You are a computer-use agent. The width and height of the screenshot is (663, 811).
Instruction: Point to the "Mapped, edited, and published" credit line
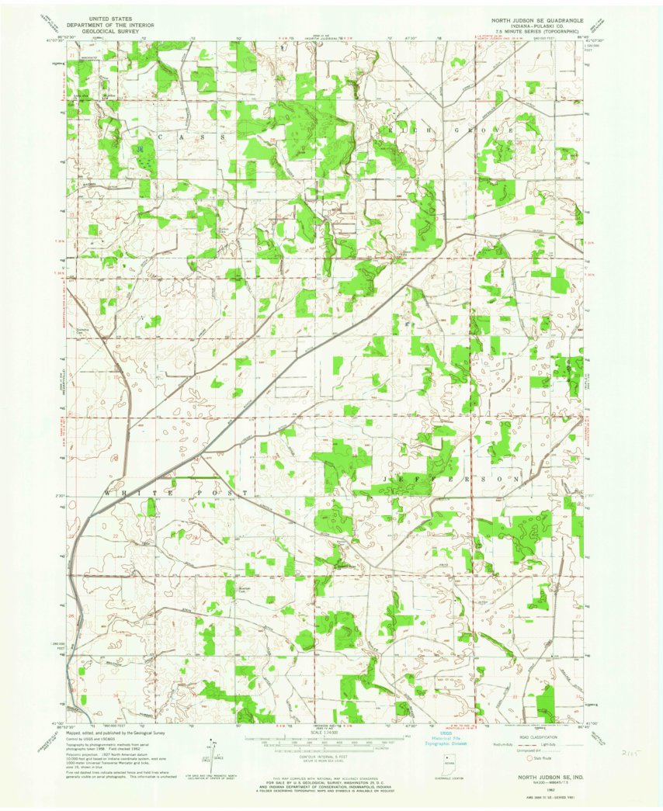(x=116, y=732)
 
